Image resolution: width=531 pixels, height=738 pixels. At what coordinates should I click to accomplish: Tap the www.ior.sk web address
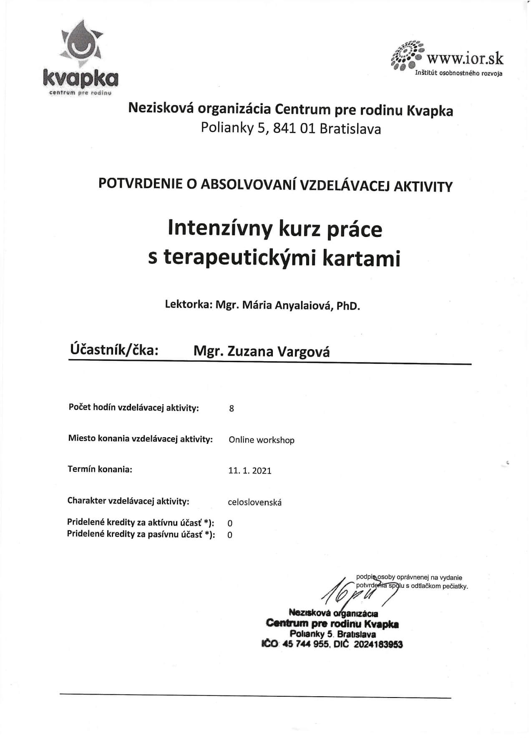click(x=465, y=58)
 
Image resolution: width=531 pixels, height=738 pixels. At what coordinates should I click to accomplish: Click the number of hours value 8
click(x=232, y=408)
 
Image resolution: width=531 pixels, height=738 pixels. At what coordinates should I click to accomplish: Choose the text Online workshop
click(x=262, y=440)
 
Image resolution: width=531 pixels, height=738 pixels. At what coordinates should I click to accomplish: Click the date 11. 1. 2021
click(x=250, y=471)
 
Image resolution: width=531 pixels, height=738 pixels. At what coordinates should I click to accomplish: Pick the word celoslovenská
click(x=255, y=502)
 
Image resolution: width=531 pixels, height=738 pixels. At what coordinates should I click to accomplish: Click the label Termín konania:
click(x=100, y=469)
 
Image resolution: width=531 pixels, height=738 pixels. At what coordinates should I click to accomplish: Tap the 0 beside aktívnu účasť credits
click(x=230, y=523)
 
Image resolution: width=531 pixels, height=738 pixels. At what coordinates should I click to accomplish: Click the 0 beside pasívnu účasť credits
click(x=230, y=535)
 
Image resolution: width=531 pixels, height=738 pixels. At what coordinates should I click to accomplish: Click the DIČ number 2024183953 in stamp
click(x=378, y=645)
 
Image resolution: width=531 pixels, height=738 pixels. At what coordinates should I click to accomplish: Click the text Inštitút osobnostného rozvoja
click(x=458, y=73)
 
